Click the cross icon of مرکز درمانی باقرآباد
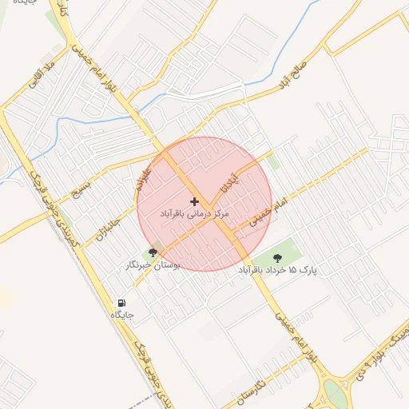click(x=194, y=201)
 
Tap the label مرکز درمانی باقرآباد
click(x=194, y=215)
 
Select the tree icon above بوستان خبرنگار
click(x=152, y=253)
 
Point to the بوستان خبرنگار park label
click(x=152, y=264)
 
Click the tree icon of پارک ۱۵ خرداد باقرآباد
click(x=277, y=257)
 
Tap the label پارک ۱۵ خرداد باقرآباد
click(x=277, y=271)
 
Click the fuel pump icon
click(x=121, y=303)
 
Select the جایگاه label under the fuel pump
click(x=121, y=316)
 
